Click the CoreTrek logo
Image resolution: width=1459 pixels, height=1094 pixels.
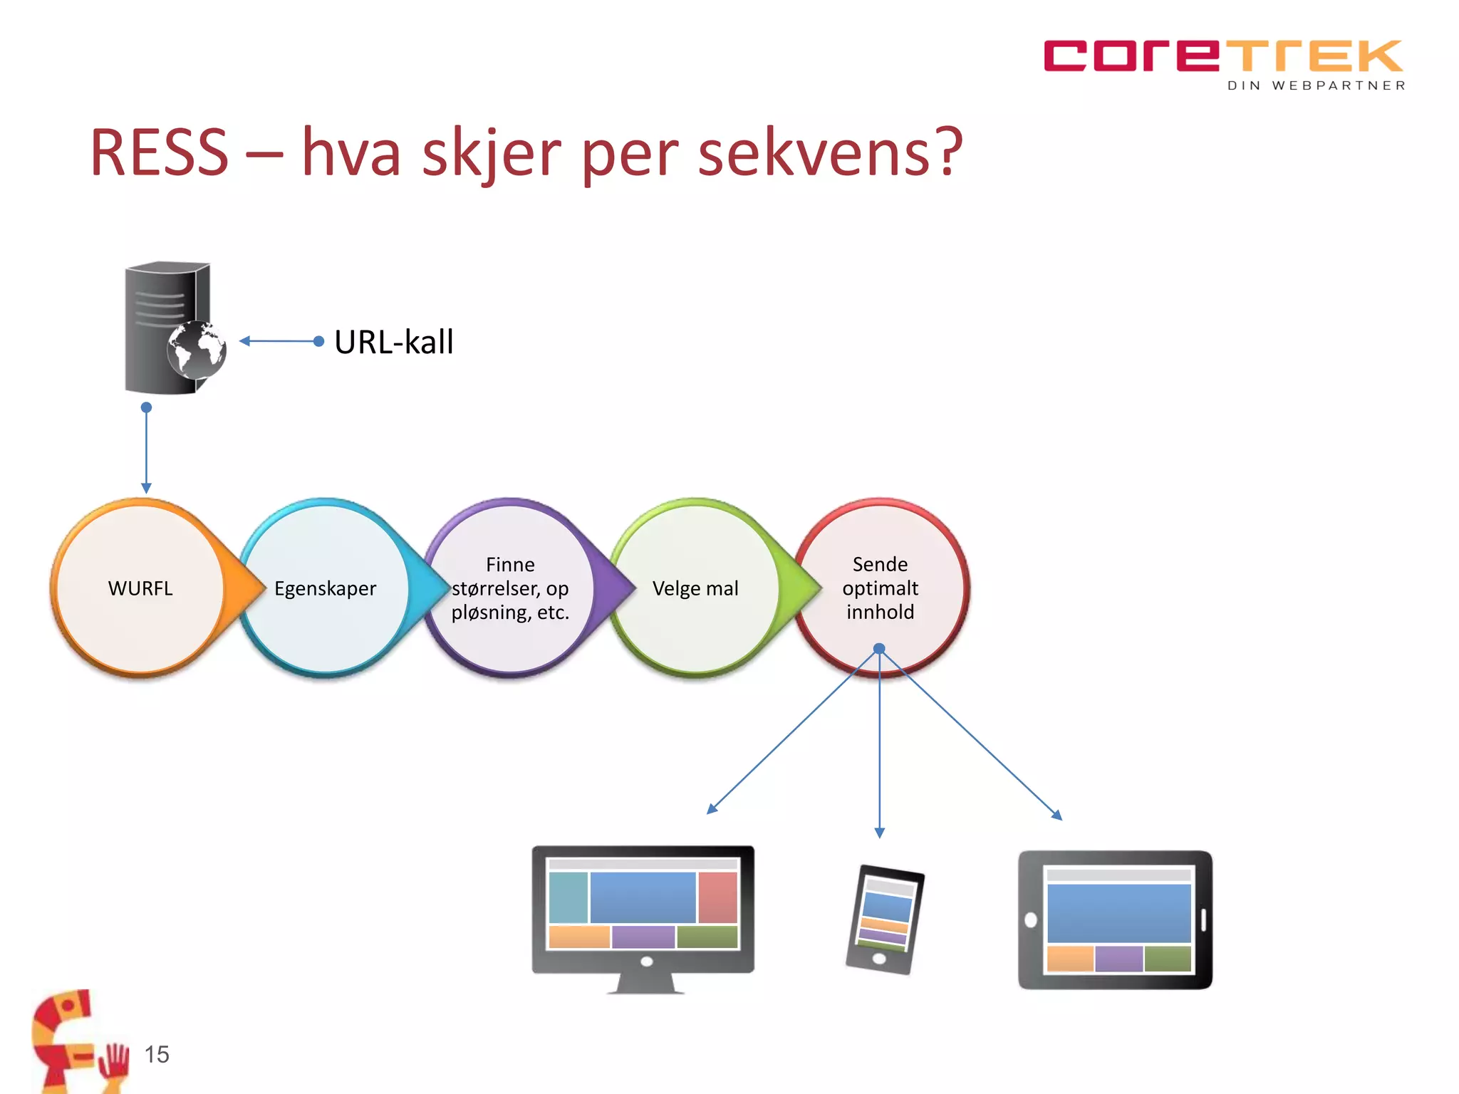[1222, 57]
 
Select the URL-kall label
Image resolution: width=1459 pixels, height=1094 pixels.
[393, 342]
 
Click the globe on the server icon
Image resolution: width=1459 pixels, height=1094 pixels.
[197, 350]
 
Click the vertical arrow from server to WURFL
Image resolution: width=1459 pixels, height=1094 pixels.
[146, 449]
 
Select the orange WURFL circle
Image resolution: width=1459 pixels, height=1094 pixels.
[140, 588]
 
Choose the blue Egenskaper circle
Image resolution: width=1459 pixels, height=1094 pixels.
[325, 588]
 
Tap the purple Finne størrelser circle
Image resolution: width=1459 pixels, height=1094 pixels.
[510, 588]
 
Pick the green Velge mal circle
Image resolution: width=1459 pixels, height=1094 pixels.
[695, 588]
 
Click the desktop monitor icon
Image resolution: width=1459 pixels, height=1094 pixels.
[643, 915]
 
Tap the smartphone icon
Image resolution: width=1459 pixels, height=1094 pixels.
[884, 920]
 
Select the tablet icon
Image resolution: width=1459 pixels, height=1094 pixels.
[1115, 920]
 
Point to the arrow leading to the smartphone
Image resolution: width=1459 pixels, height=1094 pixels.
[880, 748]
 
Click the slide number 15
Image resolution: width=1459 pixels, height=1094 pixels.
[157, 1054]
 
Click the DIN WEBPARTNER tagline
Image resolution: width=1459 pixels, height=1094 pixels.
[1316, 85]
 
